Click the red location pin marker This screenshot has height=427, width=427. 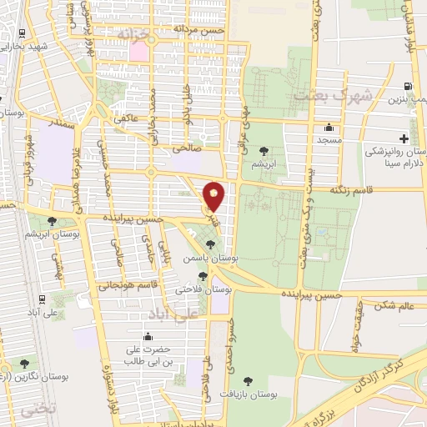(213, 197)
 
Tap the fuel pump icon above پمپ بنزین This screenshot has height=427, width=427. (407, 86)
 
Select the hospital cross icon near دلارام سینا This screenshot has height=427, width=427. (404, 138)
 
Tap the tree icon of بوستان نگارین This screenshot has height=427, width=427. (23, 364)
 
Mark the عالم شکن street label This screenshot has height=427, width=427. (395, 306)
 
